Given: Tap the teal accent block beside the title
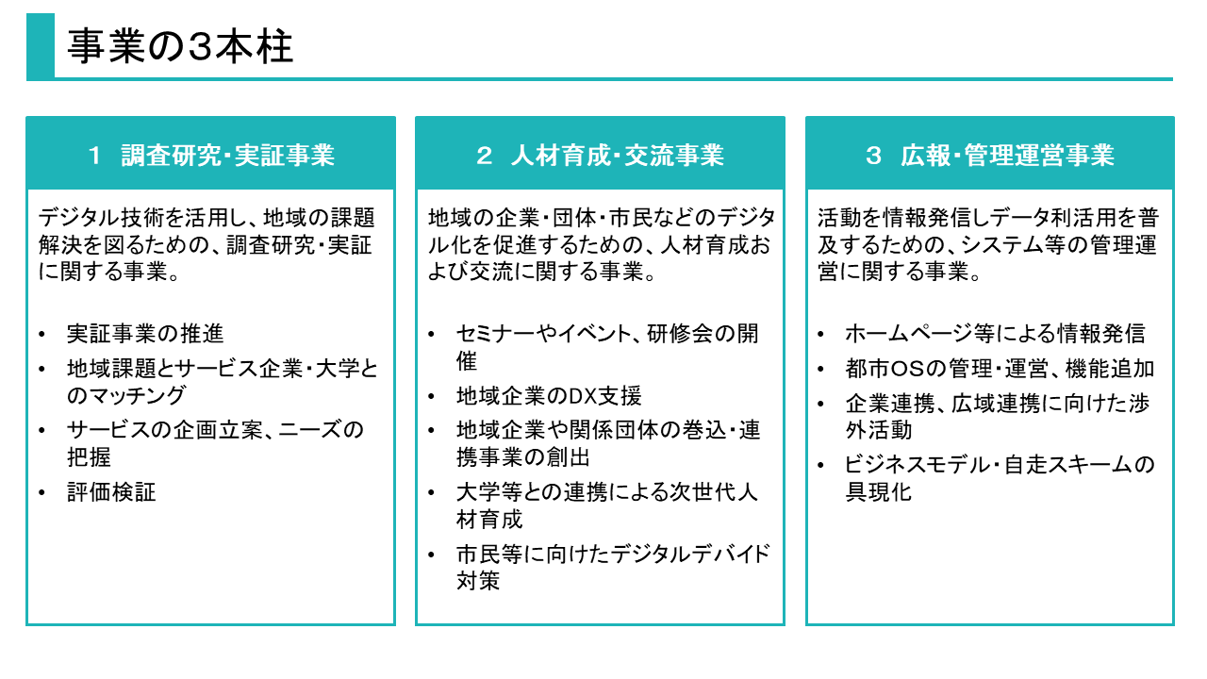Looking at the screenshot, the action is pos(40,47).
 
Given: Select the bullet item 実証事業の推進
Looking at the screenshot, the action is pos(145,334).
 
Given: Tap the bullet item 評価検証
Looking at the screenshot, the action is pos(111,492).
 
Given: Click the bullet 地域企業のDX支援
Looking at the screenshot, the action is pos(549,396).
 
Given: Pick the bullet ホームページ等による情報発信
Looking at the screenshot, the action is pos(995,334).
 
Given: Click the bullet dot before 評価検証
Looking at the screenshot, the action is pos(42,493).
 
